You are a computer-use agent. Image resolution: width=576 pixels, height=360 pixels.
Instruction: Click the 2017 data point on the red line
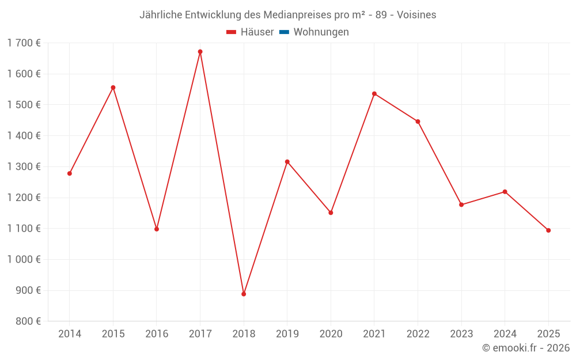200,52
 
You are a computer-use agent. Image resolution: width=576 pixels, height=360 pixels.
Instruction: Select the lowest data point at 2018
244,294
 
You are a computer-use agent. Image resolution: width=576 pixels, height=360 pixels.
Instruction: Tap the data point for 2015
113,88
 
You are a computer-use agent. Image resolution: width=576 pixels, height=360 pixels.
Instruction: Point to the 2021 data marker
374,94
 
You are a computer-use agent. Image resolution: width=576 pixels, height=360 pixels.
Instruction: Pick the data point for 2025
548,230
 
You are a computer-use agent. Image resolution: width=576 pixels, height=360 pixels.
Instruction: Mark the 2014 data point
70,173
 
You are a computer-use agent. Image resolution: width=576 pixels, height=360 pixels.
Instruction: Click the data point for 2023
461,204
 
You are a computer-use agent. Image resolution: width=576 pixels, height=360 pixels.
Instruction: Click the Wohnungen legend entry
321,32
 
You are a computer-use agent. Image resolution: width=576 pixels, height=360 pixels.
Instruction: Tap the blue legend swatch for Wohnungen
284,32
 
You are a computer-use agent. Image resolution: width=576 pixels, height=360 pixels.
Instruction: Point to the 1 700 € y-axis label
24,43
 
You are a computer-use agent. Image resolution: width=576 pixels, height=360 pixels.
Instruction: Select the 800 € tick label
27,321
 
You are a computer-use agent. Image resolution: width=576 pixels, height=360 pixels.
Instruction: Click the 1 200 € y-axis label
24,198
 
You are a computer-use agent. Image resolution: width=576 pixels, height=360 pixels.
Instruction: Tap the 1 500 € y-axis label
24,105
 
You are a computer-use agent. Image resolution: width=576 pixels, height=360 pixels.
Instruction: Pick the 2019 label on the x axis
287,334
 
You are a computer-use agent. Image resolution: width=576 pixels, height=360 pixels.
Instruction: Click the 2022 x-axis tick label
418,334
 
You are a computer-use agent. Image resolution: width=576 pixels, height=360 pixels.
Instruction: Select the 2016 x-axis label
157,334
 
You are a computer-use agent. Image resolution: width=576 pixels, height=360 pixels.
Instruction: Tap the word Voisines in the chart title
416,14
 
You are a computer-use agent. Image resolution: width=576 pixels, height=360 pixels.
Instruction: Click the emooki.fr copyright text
526,348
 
